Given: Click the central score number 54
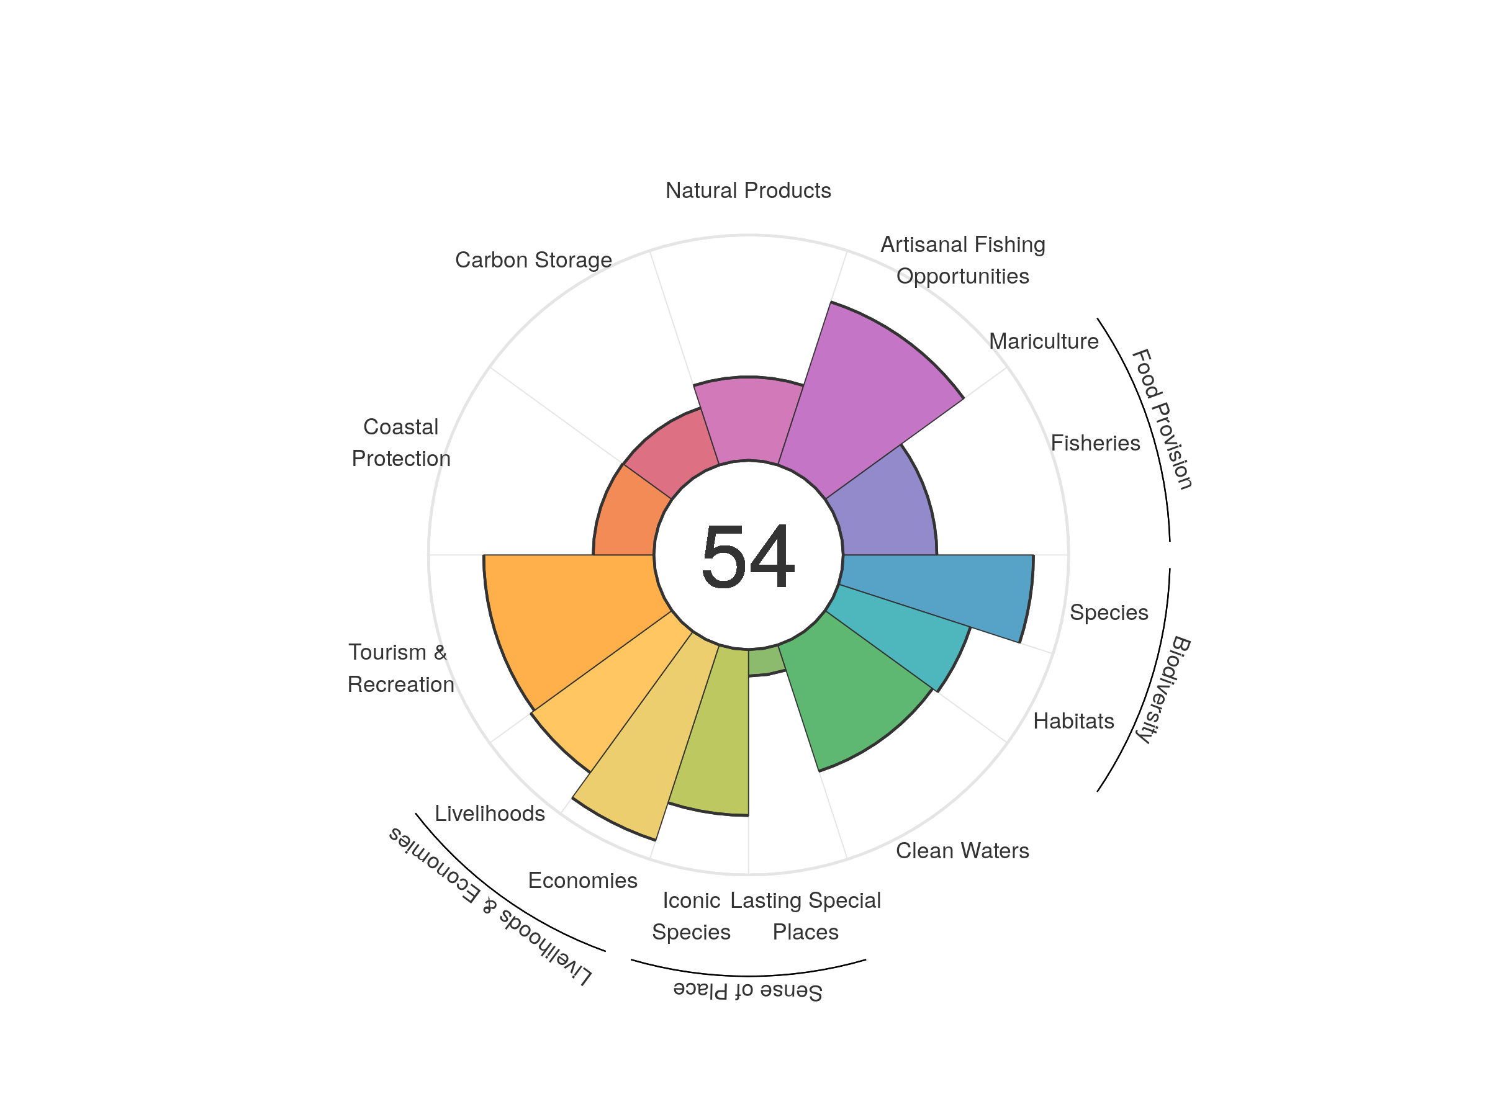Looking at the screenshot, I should (x=747, y=556).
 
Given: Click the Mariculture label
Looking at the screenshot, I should (x=1044, y=341).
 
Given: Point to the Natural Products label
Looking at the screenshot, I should (x=747, y=191).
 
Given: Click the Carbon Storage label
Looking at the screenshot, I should (x=533, y=260).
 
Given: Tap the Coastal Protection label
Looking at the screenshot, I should (x=401, y=442).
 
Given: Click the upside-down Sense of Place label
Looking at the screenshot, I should (x=747, y=990).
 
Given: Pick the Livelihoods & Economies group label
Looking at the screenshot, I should (x=490, y=906).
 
